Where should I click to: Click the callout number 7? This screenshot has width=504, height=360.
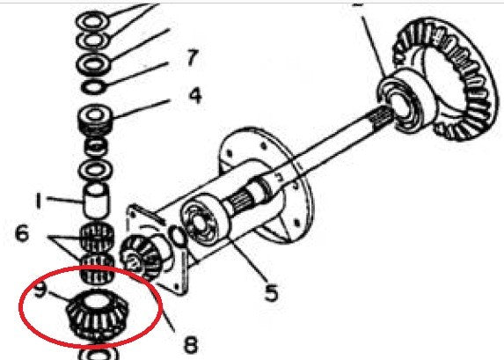point(189,60)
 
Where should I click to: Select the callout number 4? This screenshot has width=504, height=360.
point(194,94)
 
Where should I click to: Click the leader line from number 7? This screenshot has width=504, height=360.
point(141,72)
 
